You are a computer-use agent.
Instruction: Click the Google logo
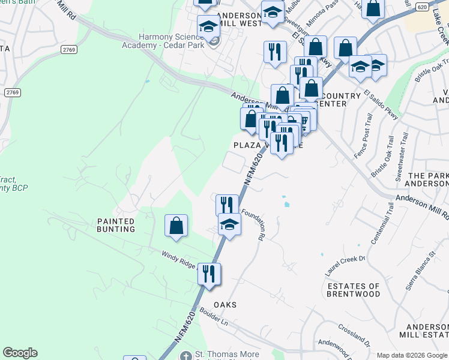point(20,353)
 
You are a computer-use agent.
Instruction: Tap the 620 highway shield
point(422,7)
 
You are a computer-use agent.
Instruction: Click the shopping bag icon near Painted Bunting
point(176,226)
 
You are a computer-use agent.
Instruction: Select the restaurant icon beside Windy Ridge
point(209,274)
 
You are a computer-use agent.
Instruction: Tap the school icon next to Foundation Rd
point(229,225)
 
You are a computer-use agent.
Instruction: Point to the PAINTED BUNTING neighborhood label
point(116,225)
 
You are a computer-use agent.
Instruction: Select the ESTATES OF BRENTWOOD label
point(354,290)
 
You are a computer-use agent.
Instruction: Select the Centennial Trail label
point(382,223)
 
